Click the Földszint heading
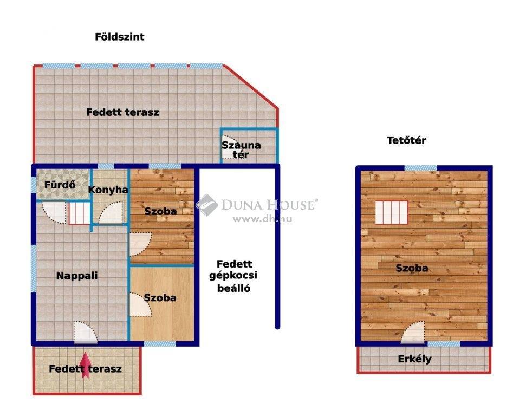119,37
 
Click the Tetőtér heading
406,140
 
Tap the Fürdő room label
60,185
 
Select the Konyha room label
108,190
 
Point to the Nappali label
77,276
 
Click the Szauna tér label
241,150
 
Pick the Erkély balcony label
414,359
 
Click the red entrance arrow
85,365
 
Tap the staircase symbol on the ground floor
79,213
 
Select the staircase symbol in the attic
392,213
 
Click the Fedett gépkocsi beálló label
233,276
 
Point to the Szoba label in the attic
412,268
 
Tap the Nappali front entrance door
86,332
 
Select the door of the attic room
413,332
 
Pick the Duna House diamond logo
207,205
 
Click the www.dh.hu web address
262,219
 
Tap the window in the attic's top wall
421,168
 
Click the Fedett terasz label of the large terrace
122,112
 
